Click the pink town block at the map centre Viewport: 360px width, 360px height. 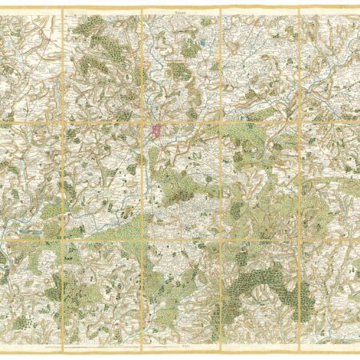155,127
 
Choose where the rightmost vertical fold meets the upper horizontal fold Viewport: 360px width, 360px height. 298,121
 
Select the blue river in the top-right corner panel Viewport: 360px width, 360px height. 336,48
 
